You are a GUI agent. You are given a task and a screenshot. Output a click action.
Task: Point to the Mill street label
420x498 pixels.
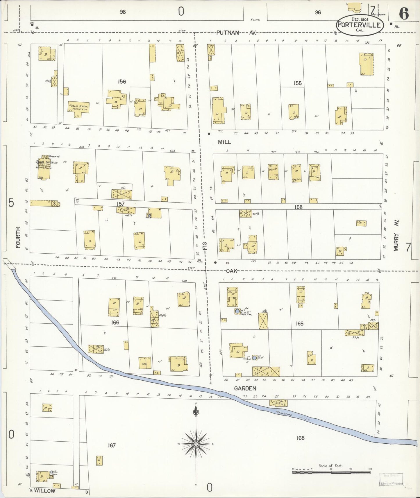tap(224, 142)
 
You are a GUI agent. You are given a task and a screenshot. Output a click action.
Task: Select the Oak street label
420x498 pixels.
tap(231, 271)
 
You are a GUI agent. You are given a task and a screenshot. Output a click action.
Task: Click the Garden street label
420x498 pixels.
tap(246, 388)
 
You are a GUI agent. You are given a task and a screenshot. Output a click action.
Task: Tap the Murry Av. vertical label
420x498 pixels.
tap(397, 235)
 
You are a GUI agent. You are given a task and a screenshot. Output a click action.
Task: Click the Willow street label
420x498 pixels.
tap(44, 491)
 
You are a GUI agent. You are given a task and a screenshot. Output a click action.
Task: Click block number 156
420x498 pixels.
tap(122, 82)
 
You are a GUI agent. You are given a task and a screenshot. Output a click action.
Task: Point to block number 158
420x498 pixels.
tap(298, 207)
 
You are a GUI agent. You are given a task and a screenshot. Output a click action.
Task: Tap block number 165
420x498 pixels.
tap(299, 323)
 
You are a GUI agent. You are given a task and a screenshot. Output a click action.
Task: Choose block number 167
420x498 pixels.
tap(112, 445)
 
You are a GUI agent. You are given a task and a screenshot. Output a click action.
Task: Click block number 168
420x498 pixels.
tap(301, 438)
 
